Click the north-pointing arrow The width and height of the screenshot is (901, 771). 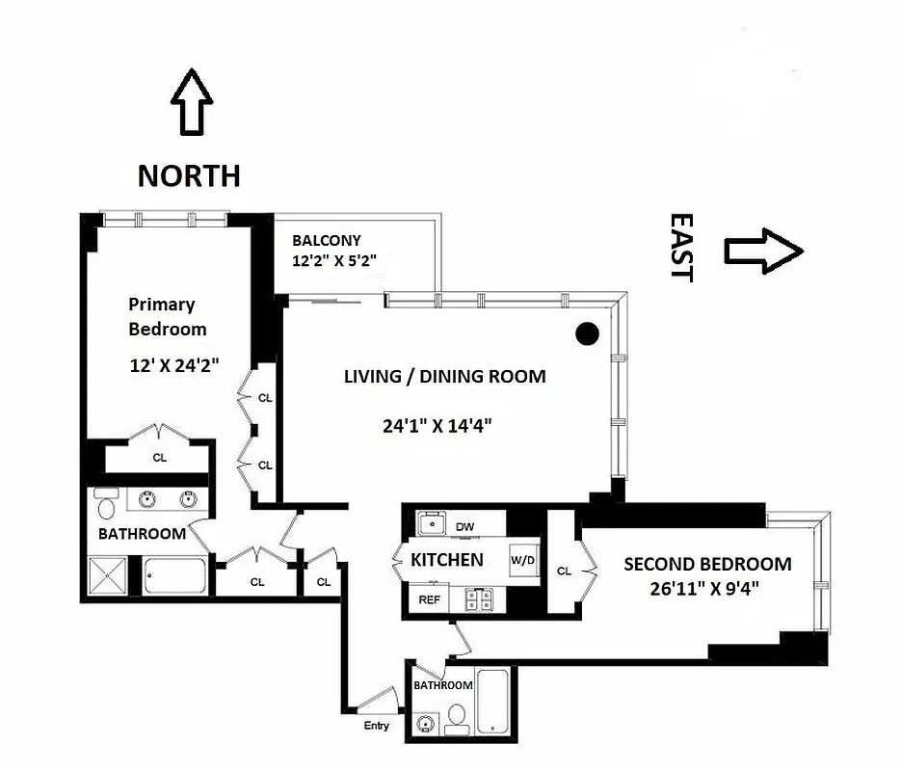coord(191,102)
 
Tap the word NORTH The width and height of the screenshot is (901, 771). coord(189,175)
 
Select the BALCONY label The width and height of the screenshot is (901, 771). coord(327,241)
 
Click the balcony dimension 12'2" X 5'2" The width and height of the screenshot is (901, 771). coord(333,260)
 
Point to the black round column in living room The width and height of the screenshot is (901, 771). coord(587,334)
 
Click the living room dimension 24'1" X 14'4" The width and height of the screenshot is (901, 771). coord(437,424)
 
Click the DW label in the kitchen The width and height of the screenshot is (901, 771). coord(466,527)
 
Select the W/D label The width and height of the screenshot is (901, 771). coord(522,560)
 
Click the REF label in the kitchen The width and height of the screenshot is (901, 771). coord(430,599)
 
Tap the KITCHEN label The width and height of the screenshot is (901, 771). coord(446,560)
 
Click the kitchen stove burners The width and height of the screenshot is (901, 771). coord(479,599)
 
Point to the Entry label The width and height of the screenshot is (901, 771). coord(377,726)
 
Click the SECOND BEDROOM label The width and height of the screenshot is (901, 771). coord(707,565)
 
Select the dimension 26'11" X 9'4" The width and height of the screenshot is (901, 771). coord(705,587)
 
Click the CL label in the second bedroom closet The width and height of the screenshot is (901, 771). coord(564,572)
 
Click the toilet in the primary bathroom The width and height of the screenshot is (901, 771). coord(106,507)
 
